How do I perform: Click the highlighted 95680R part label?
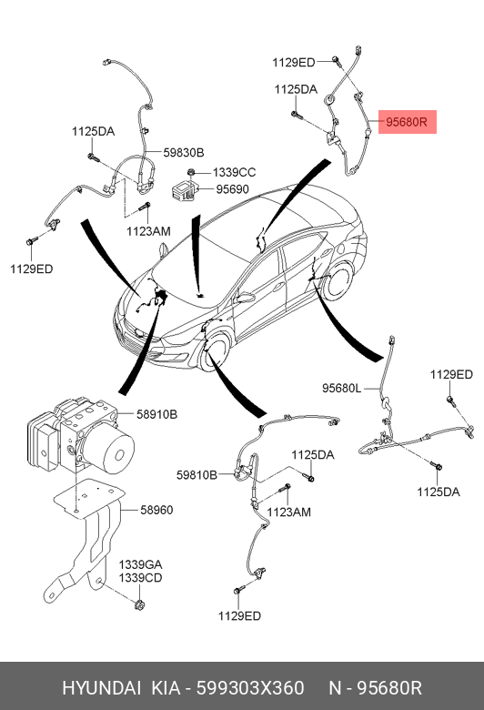click(406, 122)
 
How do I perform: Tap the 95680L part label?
click(341, 388)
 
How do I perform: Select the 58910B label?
click(156, 414)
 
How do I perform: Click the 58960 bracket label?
click(156, 510)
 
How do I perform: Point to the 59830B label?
click(184, 153)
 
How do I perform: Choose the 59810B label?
click(197, 475)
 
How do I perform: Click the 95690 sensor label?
click(232, 188)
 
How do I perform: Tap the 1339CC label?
click(234, 172)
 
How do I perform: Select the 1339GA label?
click(140, 564)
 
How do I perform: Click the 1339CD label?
click(140, 578)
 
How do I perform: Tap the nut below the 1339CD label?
click(139, 604)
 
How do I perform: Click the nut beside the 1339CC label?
click(191, 172)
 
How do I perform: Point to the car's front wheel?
click(214, 353)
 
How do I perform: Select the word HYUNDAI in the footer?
click(101, 688)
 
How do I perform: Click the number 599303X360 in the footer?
click(250, 688)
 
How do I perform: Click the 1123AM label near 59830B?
click(148, 231)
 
